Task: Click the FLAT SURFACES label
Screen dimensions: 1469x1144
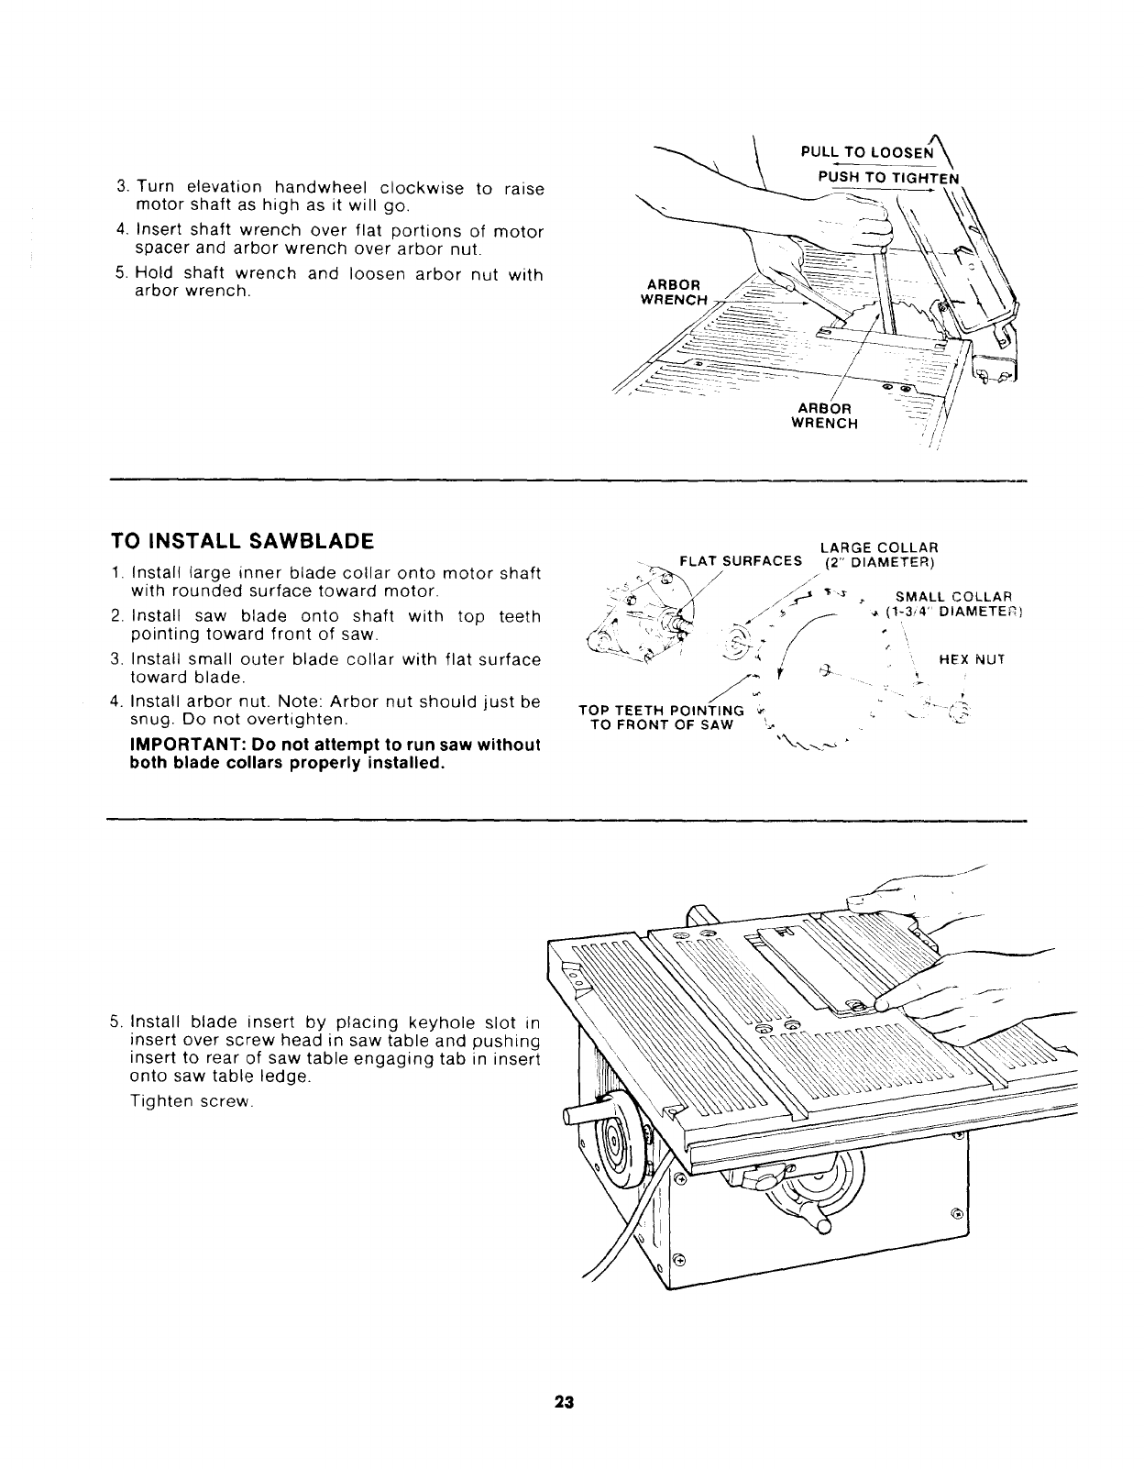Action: (741, 561)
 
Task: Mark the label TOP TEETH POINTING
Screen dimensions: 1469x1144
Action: (661, 711)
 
